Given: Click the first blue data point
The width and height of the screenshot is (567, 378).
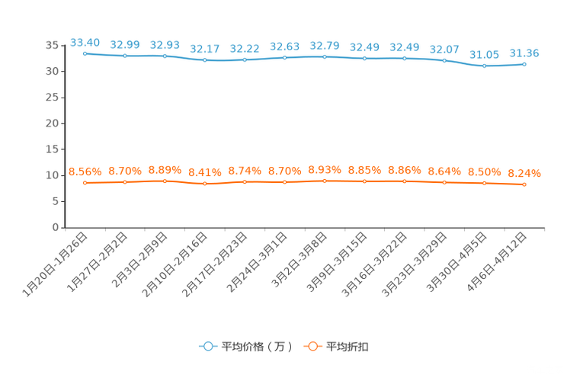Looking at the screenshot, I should (x=85, y=53).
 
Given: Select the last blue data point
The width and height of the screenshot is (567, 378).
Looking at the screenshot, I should (x=524, y=64).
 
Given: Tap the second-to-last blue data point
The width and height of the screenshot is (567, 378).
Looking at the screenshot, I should (x=484, y=66).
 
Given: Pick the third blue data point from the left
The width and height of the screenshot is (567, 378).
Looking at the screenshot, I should (x=165, y=56).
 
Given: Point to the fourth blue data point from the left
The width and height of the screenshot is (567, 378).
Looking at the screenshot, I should (x=204, y=59).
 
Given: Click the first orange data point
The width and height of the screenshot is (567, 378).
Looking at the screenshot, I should (x=85, y=182).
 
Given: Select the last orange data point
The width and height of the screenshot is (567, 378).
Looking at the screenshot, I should (x=524, y=184).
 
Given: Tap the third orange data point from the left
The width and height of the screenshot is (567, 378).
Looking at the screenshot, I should (x=165, y=180).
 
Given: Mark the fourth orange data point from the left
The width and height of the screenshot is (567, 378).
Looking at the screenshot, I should (x=204, y=183).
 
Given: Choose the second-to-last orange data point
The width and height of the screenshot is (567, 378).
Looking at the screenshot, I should (x=484, y=182).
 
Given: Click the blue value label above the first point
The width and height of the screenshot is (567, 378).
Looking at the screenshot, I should (x=85, y=42).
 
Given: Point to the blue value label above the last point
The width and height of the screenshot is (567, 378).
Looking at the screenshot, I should (x=524, y=53).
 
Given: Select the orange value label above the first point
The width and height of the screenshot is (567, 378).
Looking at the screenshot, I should (x=85, y=171).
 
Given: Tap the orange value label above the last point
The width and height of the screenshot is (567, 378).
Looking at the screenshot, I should (x=524, y=173).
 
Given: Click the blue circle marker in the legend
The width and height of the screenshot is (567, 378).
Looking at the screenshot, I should (x=207, y=346).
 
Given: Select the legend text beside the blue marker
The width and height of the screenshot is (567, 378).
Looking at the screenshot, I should (x=257, y=347).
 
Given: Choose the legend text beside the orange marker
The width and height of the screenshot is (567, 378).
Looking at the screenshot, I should (x=348, y=347).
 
